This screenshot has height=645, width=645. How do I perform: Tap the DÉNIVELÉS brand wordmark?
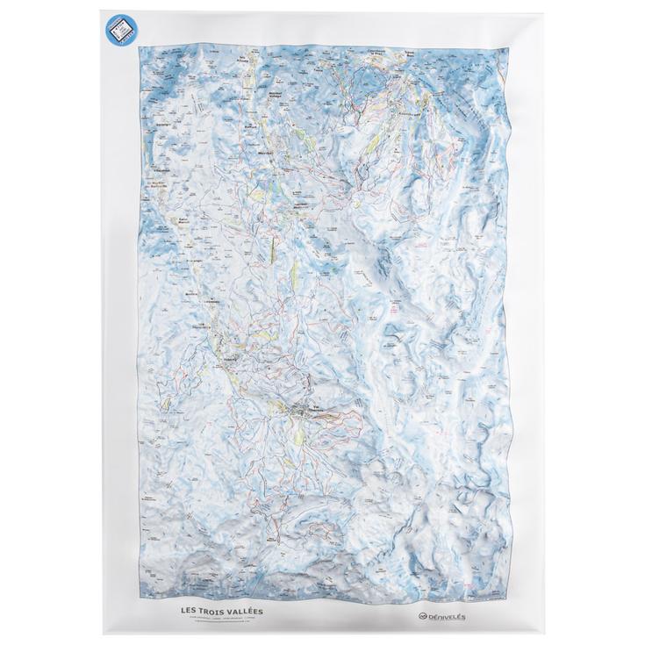pyautogui.click(x=448, y=617)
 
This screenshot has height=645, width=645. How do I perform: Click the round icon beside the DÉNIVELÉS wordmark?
pyautogui.click(x=422, y=617)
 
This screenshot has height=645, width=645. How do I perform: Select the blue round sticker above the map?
pyautogui.click(x=122, y=32)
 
